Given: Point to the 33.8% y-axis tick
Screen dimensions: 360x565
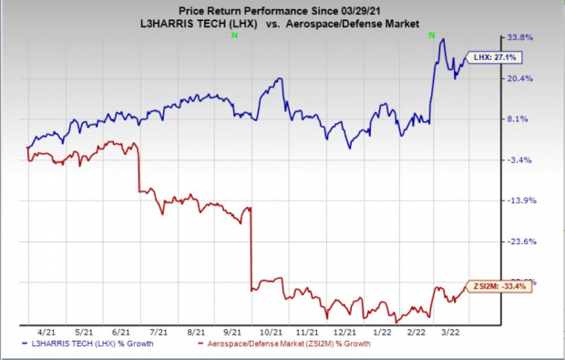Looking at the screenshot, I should pyautogui.click(x=519, y=37).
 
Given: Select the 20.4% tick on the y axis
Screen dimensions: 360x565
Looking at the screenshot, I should pyautogui.click(x=519, y=78).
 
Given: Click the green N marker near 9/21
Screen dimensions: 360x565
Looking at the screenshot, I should pyautogui.click(x=235, y=34).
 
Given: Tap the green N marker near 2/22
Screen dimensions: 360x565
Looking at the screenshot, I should pyautogui.click(x=432, y=34).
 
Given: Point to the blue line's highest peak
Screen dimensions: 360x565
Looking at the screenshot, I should pyautogui.click(x=442, y=38).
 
